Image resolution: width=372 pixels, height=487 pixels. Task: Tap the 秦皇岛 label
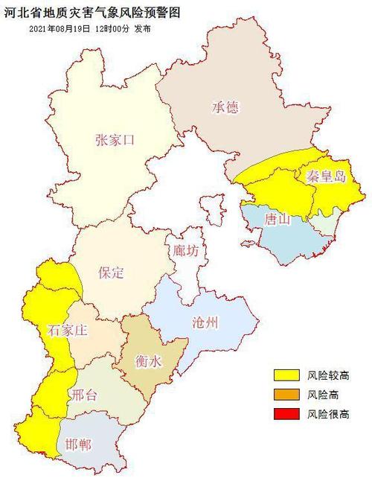(325, 176)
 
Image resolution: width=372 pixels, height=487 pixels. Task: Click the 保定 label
(111, 273)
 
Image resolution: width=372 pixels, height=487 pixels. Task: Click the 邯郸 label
(78, 445)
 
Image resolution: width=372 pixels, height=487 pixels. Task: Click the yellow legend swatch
(286, 375)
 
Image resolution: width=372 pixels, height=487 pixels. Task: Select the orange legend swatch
(286, 395)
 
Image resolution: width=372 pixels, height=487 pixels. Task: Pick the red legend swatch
(286, 413)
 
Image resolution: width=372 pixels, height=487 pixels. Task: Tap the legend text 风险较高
(328, 375)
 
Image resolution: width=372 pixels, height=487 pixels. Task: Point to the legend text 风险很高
(328, 413)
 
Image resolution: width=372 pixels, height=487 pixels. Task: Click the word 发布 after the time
(151, 28)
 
